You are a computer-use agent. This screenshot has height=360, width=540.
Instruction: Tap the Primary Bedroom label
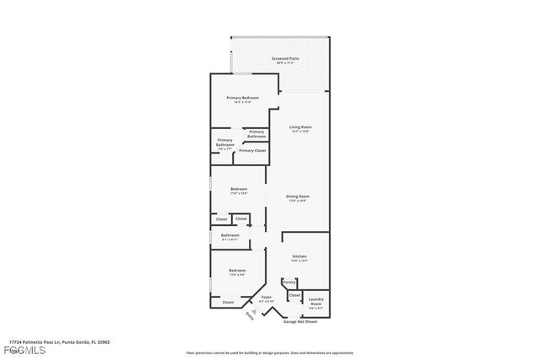click(x=242, y=98)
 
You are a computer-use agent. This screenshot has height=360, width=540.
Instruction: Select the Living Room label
click(x=301, y=126)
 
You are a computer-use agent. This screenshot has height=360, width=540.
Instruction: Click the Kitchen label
click(x=300, y=255)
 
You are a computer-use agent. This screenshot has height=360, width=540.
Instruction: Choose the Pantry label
click(x=289, y=282)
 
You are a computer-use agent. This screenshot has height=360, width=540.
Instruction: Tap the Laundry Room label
click(x=316, y=302)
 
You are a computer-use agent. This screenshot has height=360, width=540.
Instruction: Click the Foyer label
click(x=267, y=298)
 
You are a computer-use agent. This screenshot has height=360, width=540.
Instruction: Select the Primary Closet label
click(x=252, y=150)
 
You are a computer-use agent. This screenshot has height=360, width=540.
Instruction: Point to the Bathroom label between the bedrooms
click(x=230, y=235)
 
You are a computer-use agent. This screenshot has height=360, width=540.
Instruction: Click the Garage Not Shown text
click(x=301, y=321)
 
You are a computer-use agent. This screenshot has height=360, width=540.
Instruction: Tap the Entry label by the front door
click(x=249, y=317)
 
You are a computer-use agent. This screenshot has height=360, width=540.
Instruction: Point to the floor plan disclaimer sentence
click(x=282, y=352)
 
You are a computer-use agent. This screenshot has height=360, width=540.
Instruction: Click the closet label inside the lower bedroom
click(x=228, y=302)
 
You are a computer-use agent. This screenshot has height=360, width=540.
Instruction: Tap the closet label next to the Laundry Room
click(x=294, y=296)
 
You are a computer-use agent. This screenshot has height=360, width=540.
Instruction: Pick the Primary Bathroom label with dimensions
click(x=225, y=144)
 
